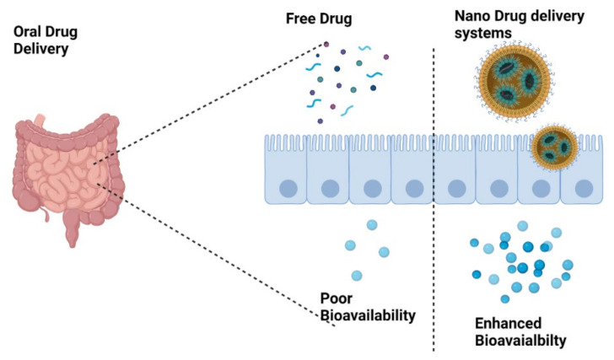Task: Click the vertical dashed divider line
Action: tap(434, 253)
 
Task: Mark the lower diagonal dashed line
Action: tap(219, 253)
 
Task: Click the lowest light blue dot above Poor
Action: tap(357, 276)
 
